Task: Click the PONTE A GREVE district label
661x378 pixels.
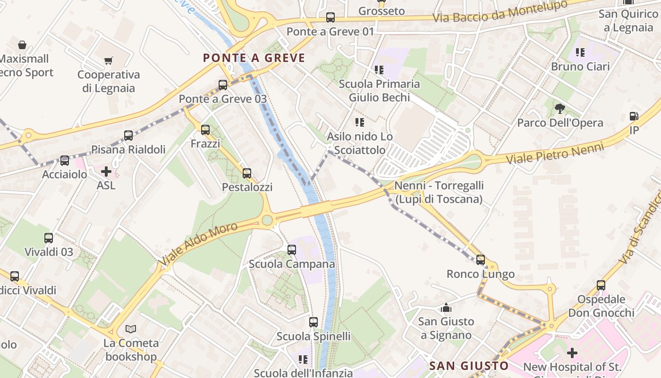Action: coord(254,58)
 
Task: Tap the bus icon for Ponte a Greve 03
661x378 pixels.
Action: coord(223,85)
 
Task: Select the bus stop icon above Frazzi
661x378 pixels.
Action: coord(205,130)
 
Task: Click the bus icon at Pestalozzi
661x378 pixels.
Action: coord(247,173)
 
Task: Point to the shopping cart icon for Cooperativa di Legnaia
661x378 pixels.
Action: coord(109,60)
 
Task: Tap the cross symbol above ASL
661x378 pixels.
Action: coord(106,171)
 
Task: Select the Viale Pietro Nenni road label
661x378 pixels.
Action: coord(555,154)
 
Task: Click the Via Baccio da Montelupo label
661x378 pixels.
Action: coord(500,11)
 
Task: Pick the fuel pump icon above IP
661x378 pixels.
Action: coord(634,116)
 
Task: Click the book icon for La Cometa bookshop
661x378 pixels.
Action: coord(131,329)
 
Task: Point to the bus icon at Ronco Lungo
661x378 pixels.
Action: coord(481,259)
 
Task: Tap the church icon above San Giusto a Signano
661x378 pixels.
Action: coord(446,308)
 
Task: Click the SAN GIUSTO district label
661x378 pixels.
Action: coord(469,366)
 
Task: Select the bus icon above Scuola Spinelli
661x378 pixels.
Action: coord(314,322)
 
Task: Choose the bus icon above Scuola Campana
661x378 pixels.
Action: coord(292,250)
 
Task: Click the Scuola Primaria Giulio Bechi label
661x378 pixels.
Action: coord(379,91)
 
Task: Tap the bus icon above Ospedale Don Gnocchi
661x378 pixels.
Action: coord(601,285)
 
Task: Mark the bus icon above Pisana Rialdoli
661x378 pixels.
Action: coord(128,136)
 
